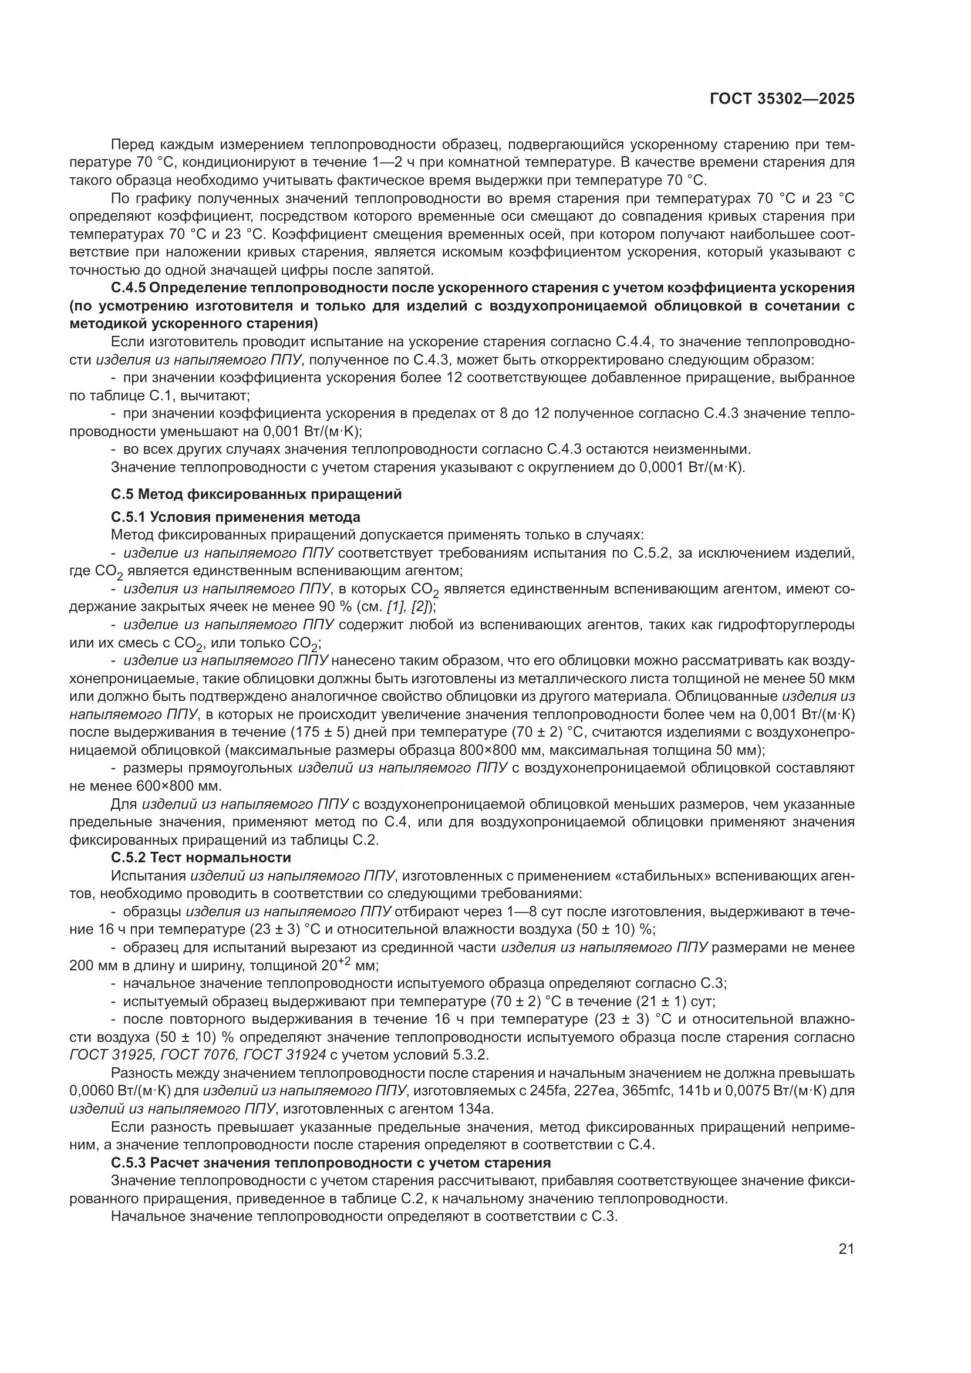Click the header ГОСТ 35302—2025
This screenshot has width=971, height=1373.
(781, 99)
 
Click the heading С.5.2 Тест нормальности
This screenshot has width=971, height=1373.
(201, 857)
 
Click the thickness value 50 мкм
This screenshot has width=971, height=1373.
(832, 678)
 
